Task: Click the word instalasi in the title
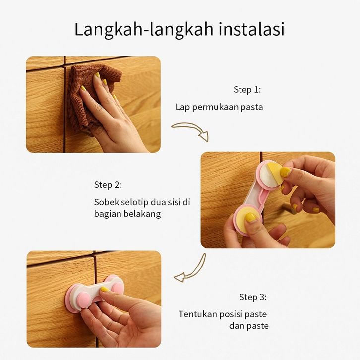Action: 251,29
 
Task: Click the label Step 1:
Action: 247,90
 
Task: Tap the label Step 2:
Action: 108,185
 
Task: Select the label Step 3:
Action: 253,297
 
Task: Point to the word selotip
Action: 134,202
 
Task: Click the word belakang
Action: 142,214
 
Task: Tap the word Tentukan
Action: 198,314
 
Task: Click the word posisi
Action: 231,314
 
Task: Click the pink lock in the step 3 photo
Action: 94,294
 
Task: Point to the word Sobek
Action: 106,202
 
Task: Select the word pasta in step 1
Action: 251,107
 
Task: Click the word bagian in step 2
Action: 108,214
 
